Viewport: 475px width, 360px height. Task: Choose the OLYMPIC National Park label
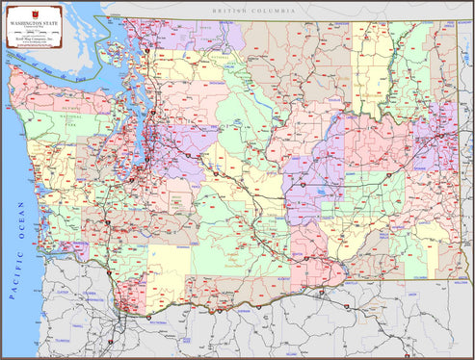69,114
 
